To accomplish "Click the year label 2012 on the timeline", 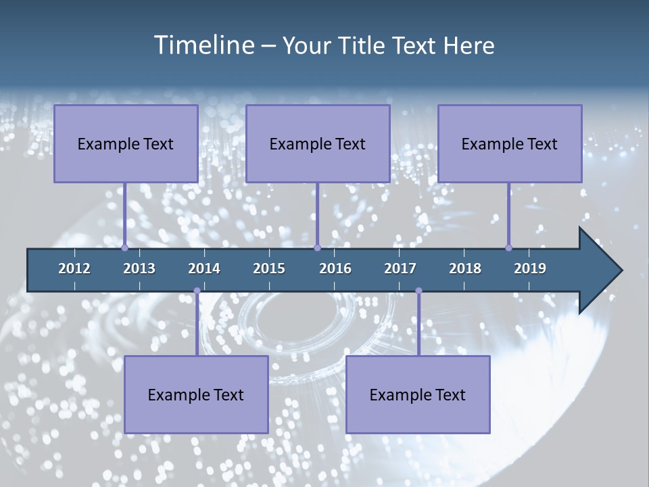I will tap(74, 269).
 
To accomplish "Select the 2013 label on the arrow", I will tap(139, 269).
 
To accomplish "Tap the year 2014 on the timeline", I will tap(204, 269).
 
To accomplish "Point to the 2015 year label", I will tap(269, 269).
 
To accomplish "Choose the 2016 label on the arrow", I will tap(335, 269).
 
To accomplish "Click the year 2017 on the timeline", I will tap(400, 269).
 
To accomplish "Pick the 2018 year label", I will tap(465, 269).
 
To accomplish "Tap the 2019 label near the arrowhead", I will tap(530, 269).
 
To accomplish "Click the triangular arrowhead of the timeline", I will tap(598, 271).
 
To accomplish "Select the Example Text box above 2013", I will tap(126, 143).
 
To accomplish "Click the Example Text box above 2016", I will tap(318, 143).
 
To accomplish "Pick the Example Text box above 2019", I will tap(510, 143).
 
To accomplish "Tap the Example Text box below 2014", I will tap(196, 394).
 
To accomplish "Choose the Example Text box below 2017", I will tap(418, 394).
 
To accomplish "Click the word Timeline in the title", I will tap(203, 45).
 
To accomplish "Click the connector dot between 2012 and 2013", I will tap(124, 248).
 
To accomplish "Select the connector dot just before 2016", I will tap(317, 248).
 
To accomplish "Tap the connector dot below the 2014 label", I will tap(197, 291).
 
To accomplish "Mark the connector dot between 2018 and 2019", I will tap(508, 248).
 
